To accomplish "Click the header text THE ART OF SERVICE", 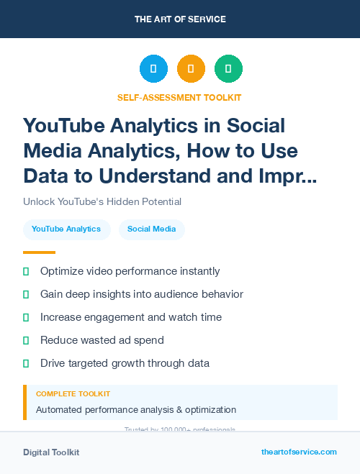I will (179, 19).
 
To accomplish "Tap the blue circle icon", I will (153, 69).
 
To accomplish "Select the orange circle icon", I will (191, 69).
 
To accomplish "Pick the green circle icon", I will (228, 69).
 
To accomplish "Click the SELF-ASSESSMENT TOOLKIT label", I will (179, 97).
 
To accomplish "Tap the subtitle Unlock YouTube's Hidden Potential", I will (102, 202).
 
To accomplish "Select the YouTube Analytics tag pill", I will (66, 229).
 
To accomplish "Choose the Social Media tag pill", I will (151, 229).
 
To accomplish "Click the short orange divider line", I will (39, 252).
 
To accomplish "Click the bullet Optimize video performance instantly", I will (130, 271).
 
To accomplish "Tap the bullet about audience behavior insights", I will (141, 294).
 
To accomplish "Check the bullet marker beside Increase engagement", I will (26, 317).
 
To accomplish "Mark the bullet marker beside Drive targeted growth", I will (26, 363).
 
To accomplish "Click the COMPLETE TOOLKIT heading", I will (73, 394).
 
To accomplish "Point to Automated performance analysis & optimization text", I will (136, 410).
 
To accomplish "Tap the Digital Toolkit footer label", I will (51, 452).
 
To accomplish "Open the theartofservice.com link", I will (299, 452).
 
